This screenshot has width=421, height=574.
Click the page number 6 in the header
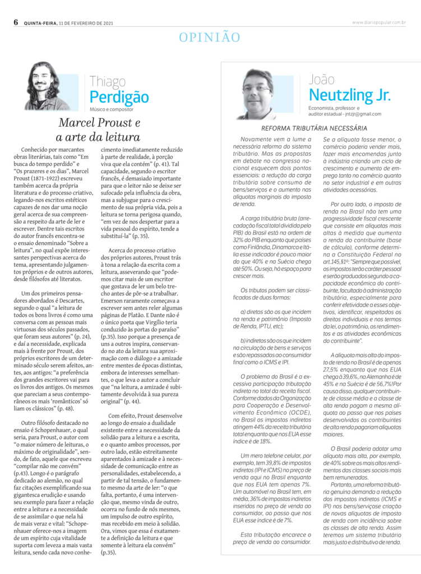click(x=16, y=22)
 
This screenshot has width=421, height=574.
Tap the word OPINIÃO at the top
click(x=210, y=38)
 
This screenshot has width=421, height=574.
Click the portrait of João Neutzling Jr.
click(x=257, y=94)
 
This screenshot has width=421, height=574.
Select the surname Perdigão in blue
click(x=119, y=96)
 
